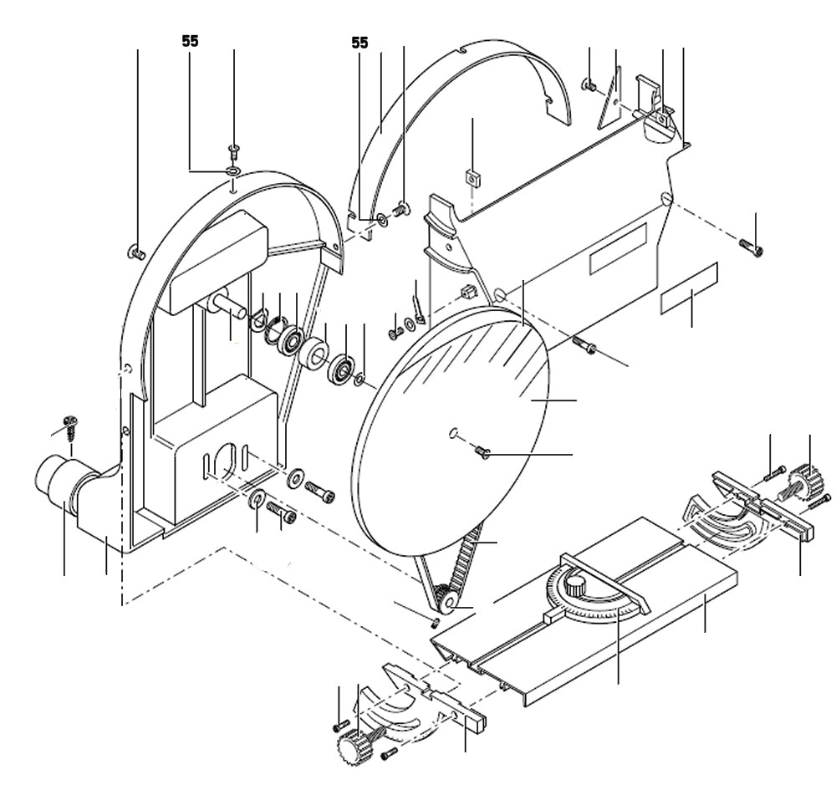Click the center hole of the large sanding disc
452,433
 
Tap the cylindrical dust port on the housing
55,482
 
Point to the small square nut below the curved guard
472,177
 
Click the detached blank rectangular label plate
690,288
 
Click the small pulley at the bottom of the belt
445,600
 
